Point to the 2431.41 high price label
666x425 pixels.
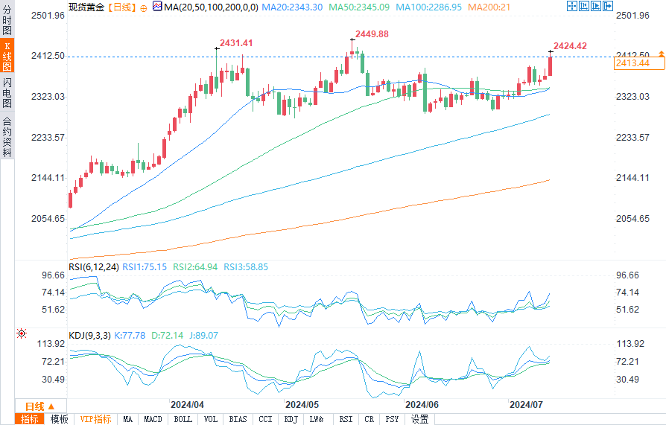236,43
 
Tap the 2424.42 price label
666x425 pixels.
569,45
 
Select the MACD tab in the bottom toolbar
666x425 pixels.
153,419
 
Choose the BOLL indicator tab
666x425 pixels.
183,419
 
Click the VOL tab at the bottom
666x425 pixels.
211,419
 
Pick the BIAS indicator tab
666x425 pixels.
238,419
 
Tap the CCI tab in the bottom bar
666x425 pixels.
264,419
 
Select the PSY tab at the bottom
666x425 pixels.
392,419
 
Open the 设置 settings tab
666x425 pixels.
420,419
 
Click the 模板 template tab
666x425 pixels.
59,419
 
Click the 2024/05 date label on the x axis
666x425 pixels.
302,404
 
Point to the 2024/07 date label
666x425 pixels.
525,404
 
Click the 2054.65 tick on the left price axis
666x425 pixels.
46,218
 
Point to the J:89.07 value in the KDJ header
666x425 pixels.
203,336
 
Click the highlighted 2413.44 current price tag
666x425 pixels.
632,63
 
